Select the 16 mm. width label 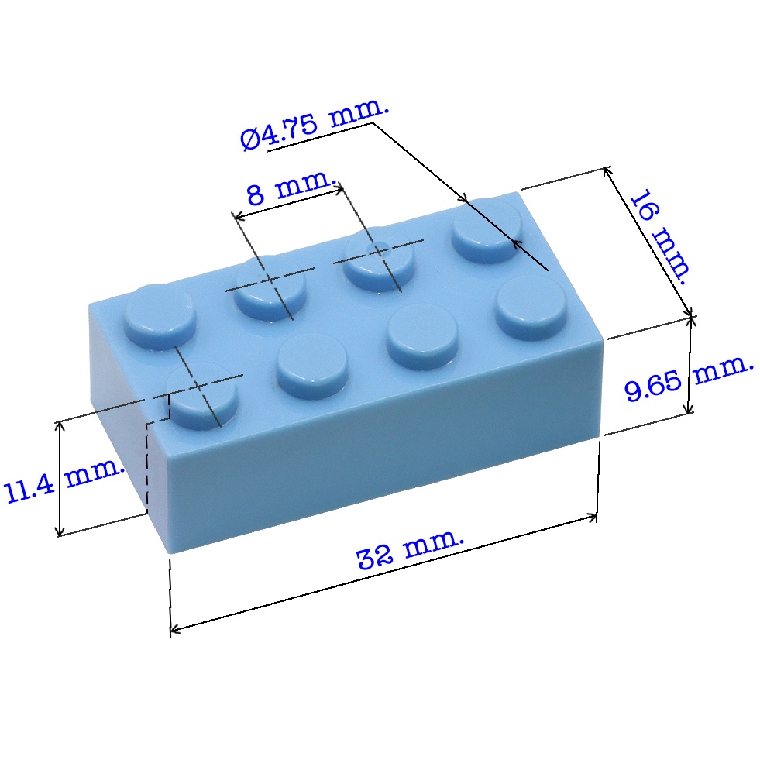pyautogui.click(x=660, y=237)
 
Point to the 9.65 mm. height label pyautogui.click(x=688, y=380)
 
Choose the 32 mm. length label pyautogui.click(x=410, y=550)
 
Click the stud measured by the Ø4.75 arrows pyautogui.click(x=487, y=231)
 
